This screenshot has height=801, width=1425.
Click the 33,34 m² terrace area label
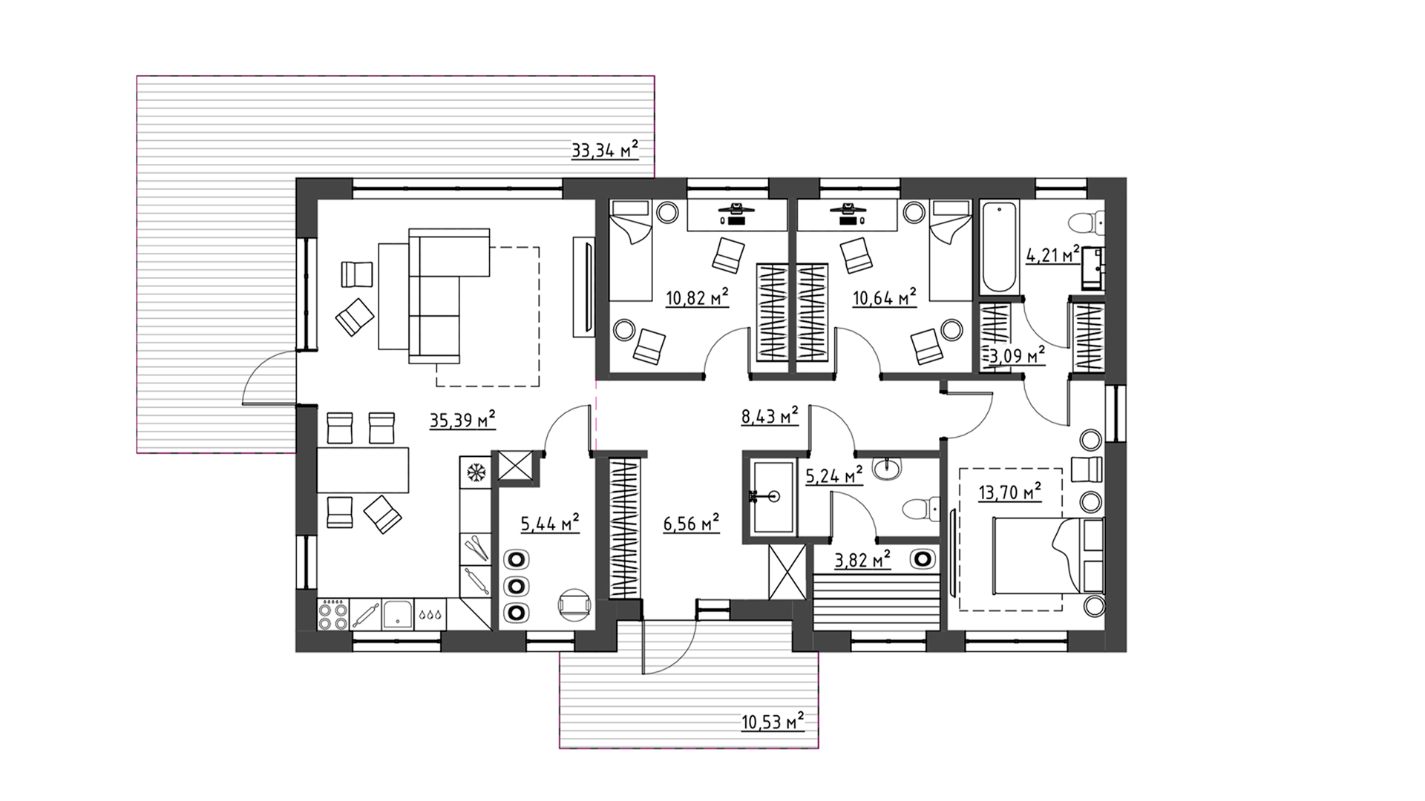(x=605, y=151)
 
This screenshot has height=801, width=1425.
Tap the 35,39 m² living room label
(x=462, y=421)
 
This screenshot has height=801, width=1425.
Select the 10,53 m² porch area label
(x=773, y=720)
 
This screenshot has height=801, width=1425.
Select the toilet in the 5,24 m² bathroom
(x=920, y=510)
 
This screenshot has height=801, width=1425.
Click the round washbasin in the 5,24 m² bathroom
(x=888, y=469)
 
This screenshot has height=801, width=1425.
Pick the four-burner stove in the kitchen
(x=332, y=615)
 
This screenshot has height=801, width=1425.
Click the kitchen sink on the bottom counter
(x=398, y=615)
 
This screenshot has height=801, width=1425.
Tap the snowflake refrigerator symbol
(x=475, y=471)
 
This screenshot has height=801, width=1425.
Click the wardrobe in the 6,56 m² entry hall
(x=624, y=530)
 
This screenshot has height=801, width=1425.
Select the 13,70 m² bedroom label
(x=1009, y=492)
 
